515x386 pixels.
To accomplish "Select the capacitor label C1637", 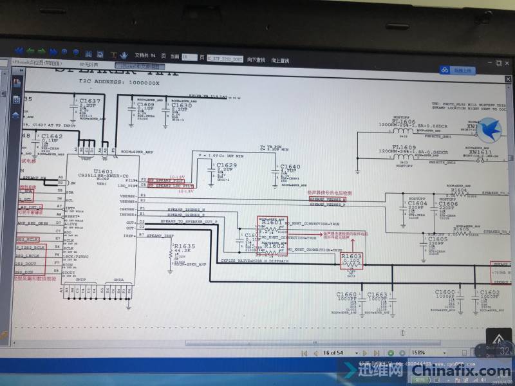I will (x=89, y=101).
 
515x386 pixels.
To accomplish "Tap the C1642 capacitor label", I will (x=51, y=136).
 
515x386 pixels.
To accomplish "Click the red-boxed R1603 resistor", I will (x=351, y=257).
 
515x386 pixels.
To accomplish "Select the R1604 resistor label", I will (x=460, y=190).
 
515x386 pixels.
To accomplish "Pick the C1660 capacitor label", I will (x=346, y=295).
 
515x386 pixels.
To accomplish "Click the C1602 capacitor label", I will (x=489, y=293).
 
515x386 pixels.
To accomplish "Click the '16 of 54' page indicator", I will (x=335, y=353).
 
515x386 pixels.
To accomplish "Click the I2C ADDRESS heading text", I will (x=117, y=83).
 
